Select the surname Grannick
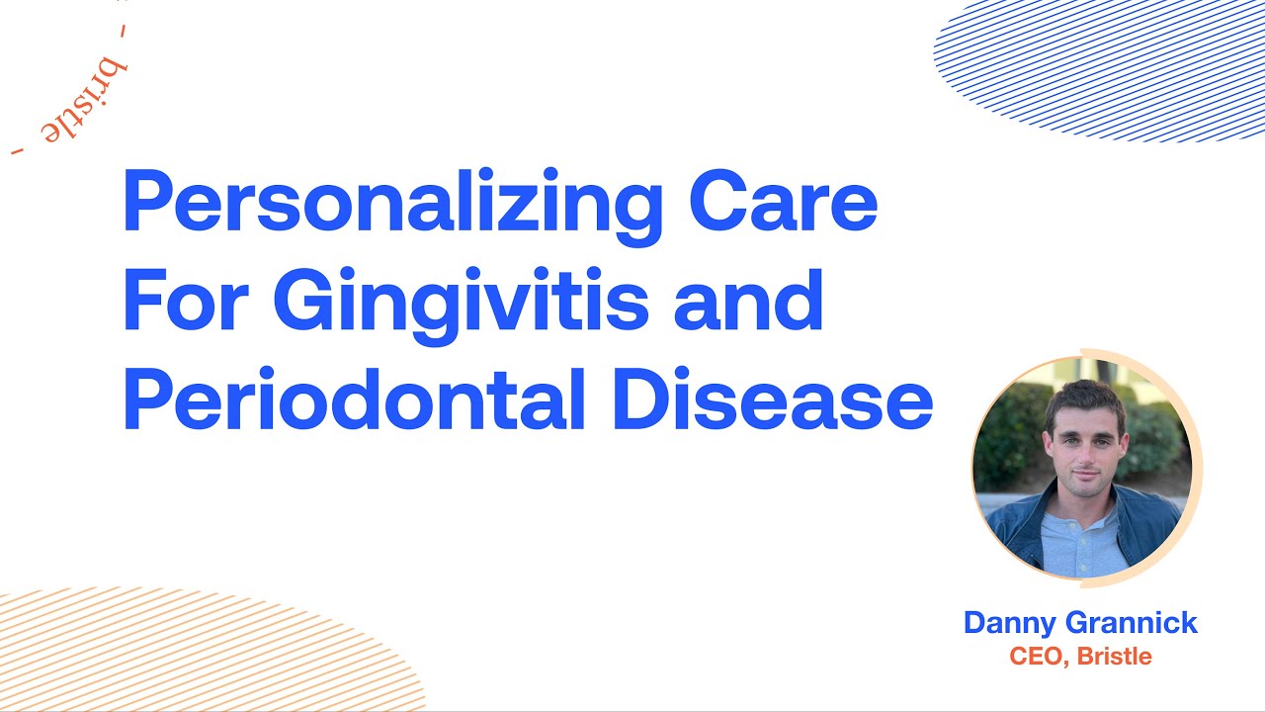1138,623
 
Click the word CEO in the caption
1039,656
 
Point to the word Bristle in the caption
1114,656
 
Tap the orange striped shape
198,653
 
